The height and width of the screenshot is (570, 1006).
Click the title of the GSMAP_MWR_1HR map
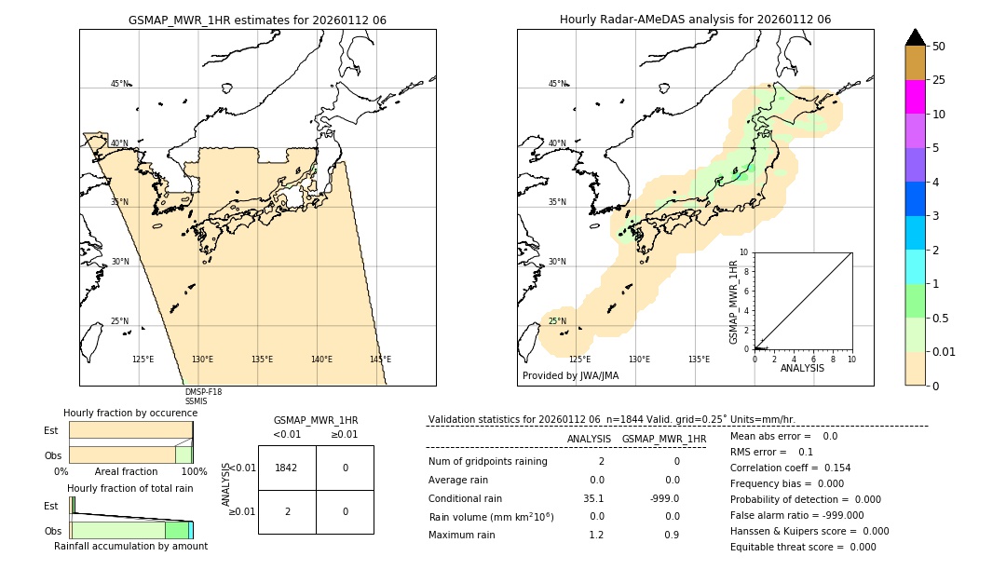tap(257, 20)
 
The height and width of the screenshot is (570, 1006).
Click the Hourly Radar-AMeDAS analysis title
tap(695, 20)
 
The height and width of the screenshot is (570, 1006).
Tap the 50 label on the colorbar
tap(939, 47)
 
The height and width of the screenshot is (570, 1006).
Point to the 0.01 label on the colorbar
tap(945, 351)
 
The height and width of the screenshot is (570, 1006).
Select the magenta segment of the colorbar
tap(915, 97)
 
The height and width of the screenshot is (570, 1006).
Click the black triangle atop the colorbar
tap(915, 37)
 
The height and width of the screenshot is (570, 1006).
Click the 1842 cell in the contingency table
tap(286, 468)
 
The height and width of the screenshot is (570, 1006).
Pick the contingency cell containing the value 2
tap(286, 511)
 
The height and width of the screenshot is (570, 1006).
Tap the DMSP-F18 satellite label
tap(203, 392)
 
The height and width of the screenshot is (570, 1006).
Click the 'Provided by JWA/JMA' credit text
tap(570, 376)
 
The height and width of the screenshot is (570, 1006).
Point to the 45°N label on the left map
tap(120, 84)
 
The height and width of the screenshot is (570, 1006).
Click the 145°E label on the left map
tap(380, 360)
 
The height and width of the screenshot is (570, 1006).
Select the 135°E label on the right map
tap(699, 360)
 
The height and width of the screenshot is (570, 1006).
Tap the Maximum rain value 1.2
tap(596, 535)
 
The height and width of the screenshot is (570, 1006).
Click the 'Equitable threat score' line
tap(803, 547)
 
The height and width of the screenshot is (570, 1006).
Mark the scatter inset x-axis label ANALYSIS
tap(802, 368)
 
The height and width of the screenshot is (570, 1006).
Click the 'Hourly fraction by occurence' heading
tap(130, 413)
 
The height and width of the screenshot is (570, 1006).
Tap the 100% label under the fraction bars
tap(194, 471)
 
